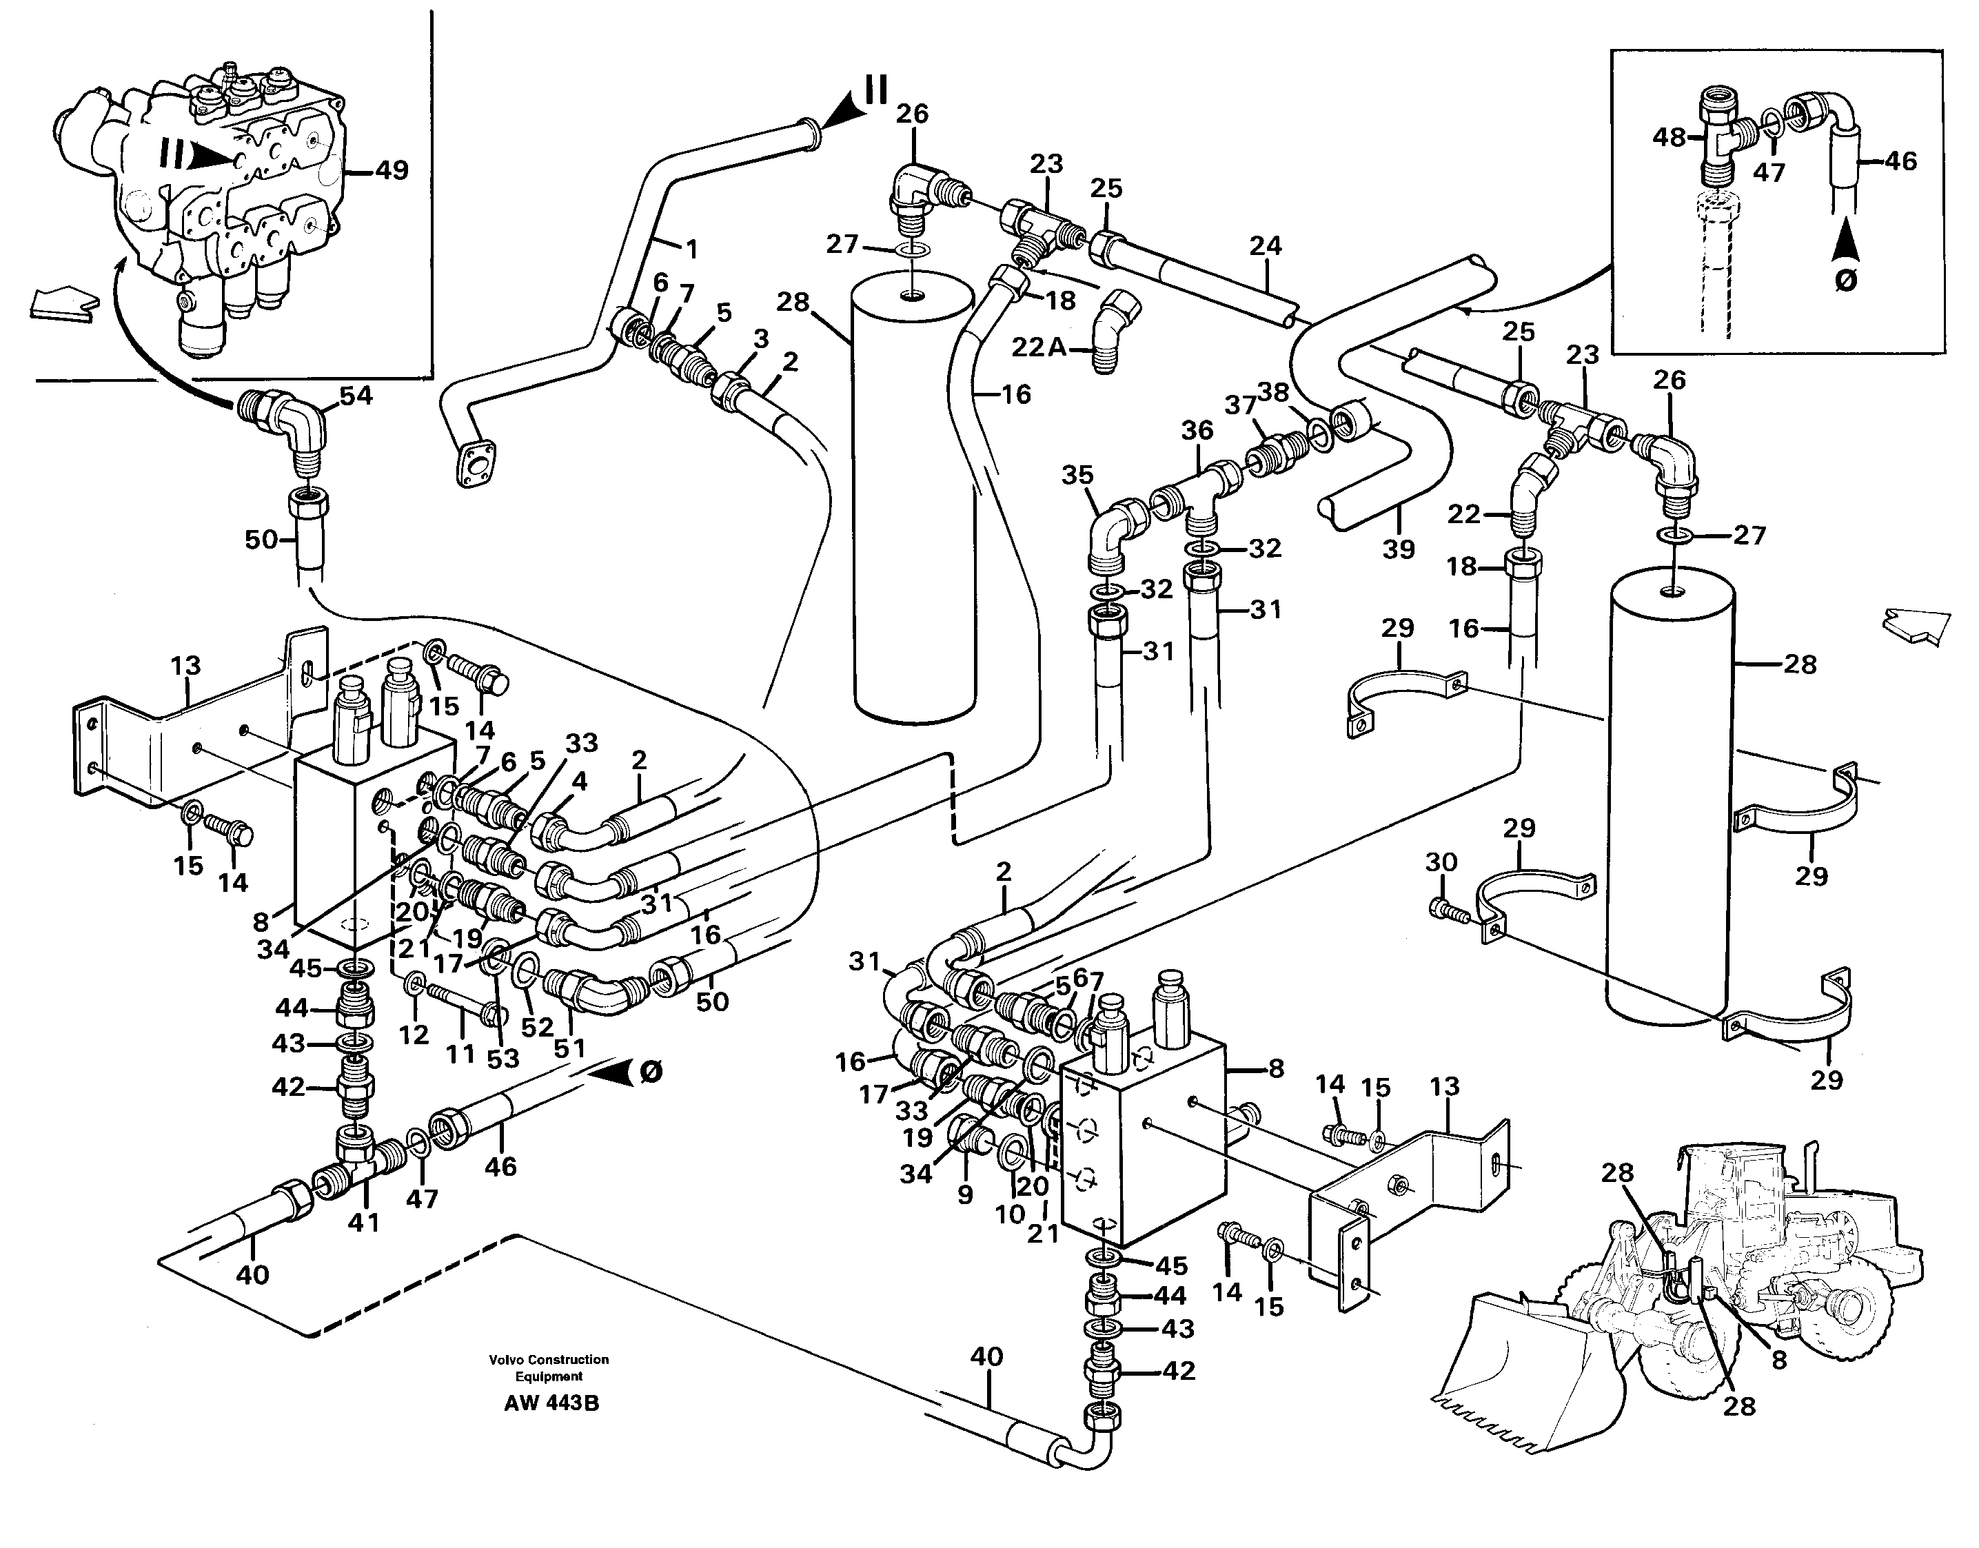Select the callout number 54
pyautogui.click(x=356, y=396)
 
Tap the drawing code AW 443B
pyautogui.click(x=551, y=1404)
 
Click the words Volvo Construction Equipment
pyautogui.click(x=549, y=1367)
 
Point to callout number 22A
pyautogui.click(x=1039, y=347)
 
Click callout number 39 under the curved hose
pyautogui.click(x=1398, y=549)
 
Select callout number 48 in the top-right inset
pyautogui.click(x=1668, y=138)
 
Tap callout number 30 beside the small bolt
pyautogui.click(x=1441, y=862)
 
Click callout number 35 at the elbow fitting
pyautogui.click(x=1078, y=475)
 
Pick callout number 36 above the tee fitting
pyautogui.click(x=1197, y=431)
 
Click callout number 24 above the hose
pyautogui.click(x=1266, y=245)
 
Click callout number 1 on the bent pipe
pyautogui.click(x=691, y=247)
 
